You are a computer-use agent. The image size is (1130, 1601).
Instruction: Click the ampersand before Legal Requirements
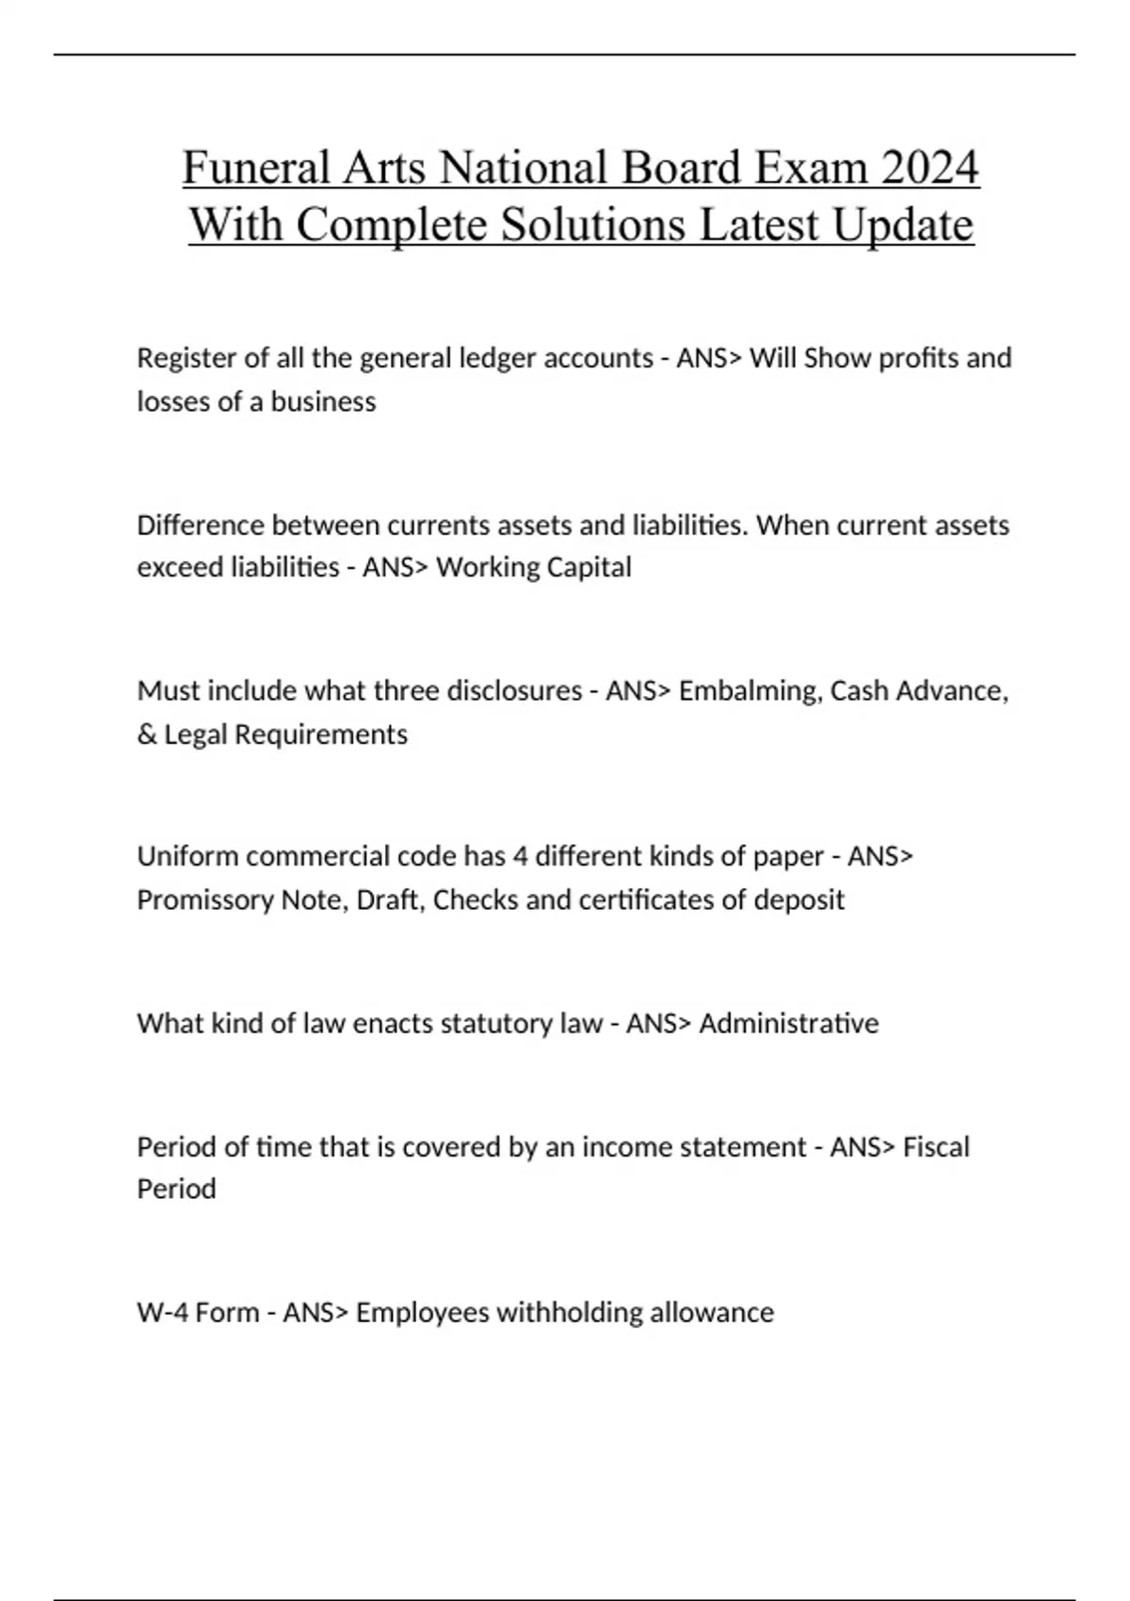tap(147, 734)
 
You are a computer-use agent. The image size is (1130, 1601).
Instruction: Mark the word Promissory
tap(205, 899)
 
